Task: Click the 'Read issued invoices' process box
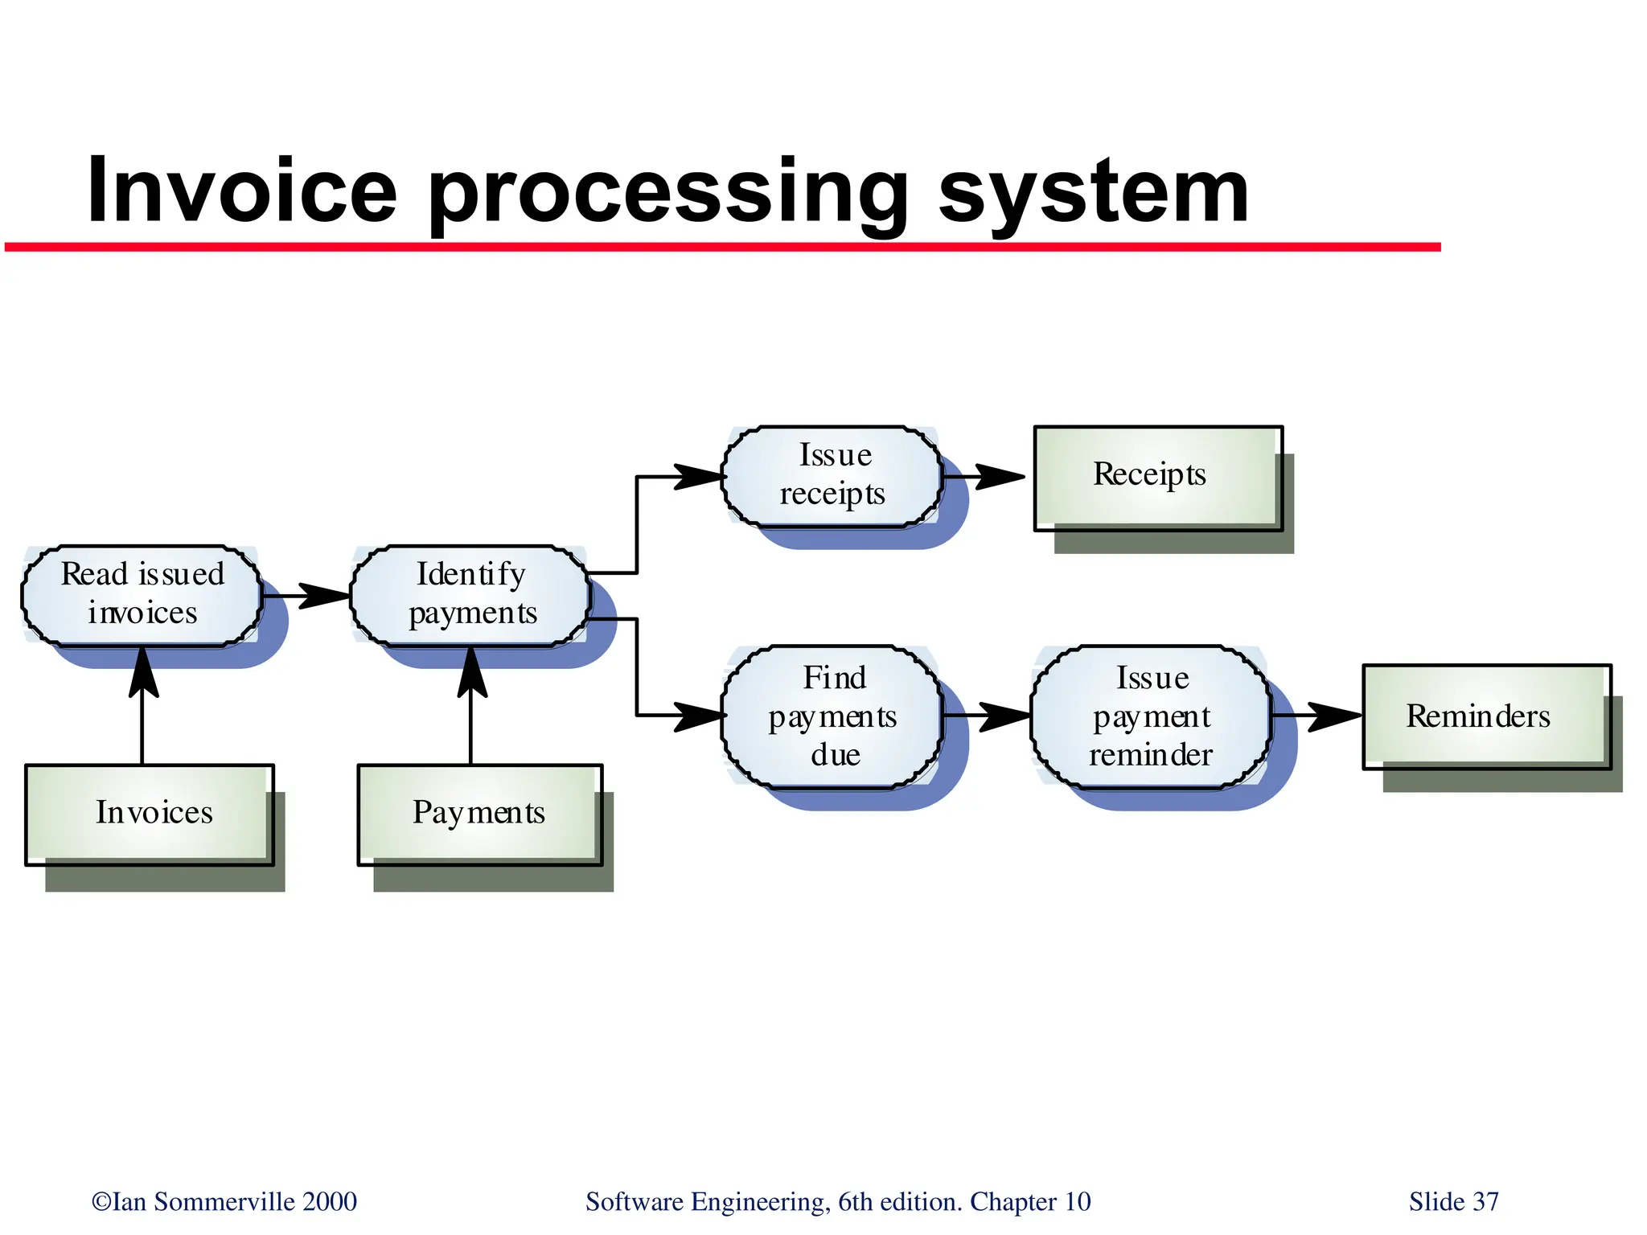pos(142,595)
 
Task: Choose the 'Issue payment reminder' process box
pos(1151,716)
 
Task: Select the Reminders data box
pos(1485,716)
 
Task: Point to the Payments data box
pos(479,814)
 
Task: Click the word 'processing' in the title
pos(667,193)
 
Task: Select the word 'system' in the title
pos(1094,193)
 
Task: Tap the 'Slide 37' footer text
pos(1453,1201)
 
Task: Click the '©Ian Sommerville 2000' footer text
pos(224,1201)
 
